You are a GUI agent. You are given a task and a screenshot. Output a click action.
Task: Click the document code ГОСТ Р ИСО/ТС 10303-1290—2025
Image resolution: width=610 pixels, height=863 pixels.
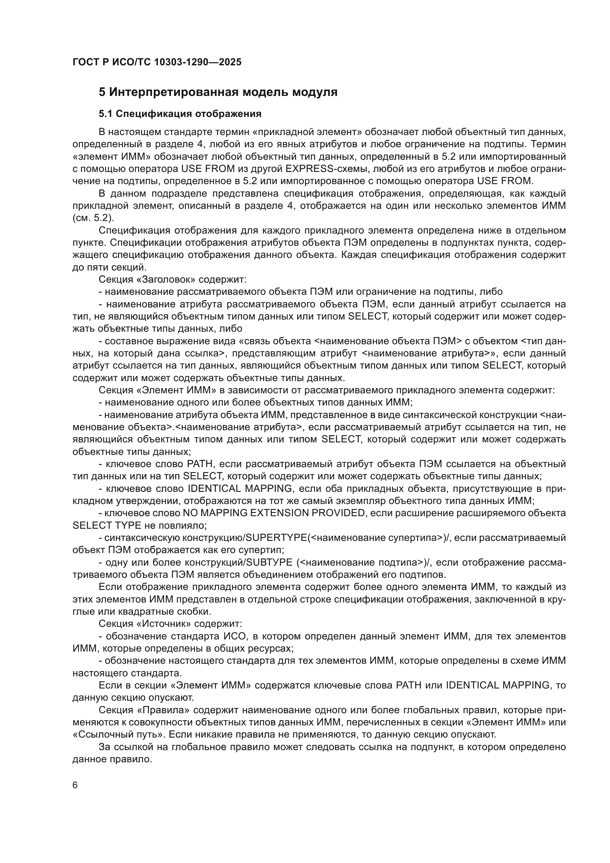[x=157, y=62]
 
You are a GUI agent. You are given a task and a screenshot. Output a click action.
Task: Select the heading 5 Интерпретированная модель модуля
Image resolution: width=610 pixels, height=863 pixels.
[x=218, y=92]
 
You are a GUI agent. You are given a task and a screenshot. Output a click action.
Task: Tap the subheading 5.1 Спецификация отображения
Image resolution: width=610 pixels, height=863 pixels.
[x=180, y=114]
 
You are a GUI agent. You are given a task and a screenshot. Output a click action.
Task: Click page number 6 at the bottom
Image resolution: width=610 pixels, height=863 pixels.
[x=75, y=786]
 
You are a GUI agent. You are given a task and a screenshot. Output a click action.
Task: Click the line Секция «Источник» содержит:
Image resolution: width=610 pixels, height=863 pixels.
[x=170, y=624]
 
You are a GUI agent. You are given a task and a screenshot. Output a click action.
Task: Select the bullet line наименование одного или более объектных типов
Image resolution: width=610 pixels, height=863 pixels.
[x=256, y=403]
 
